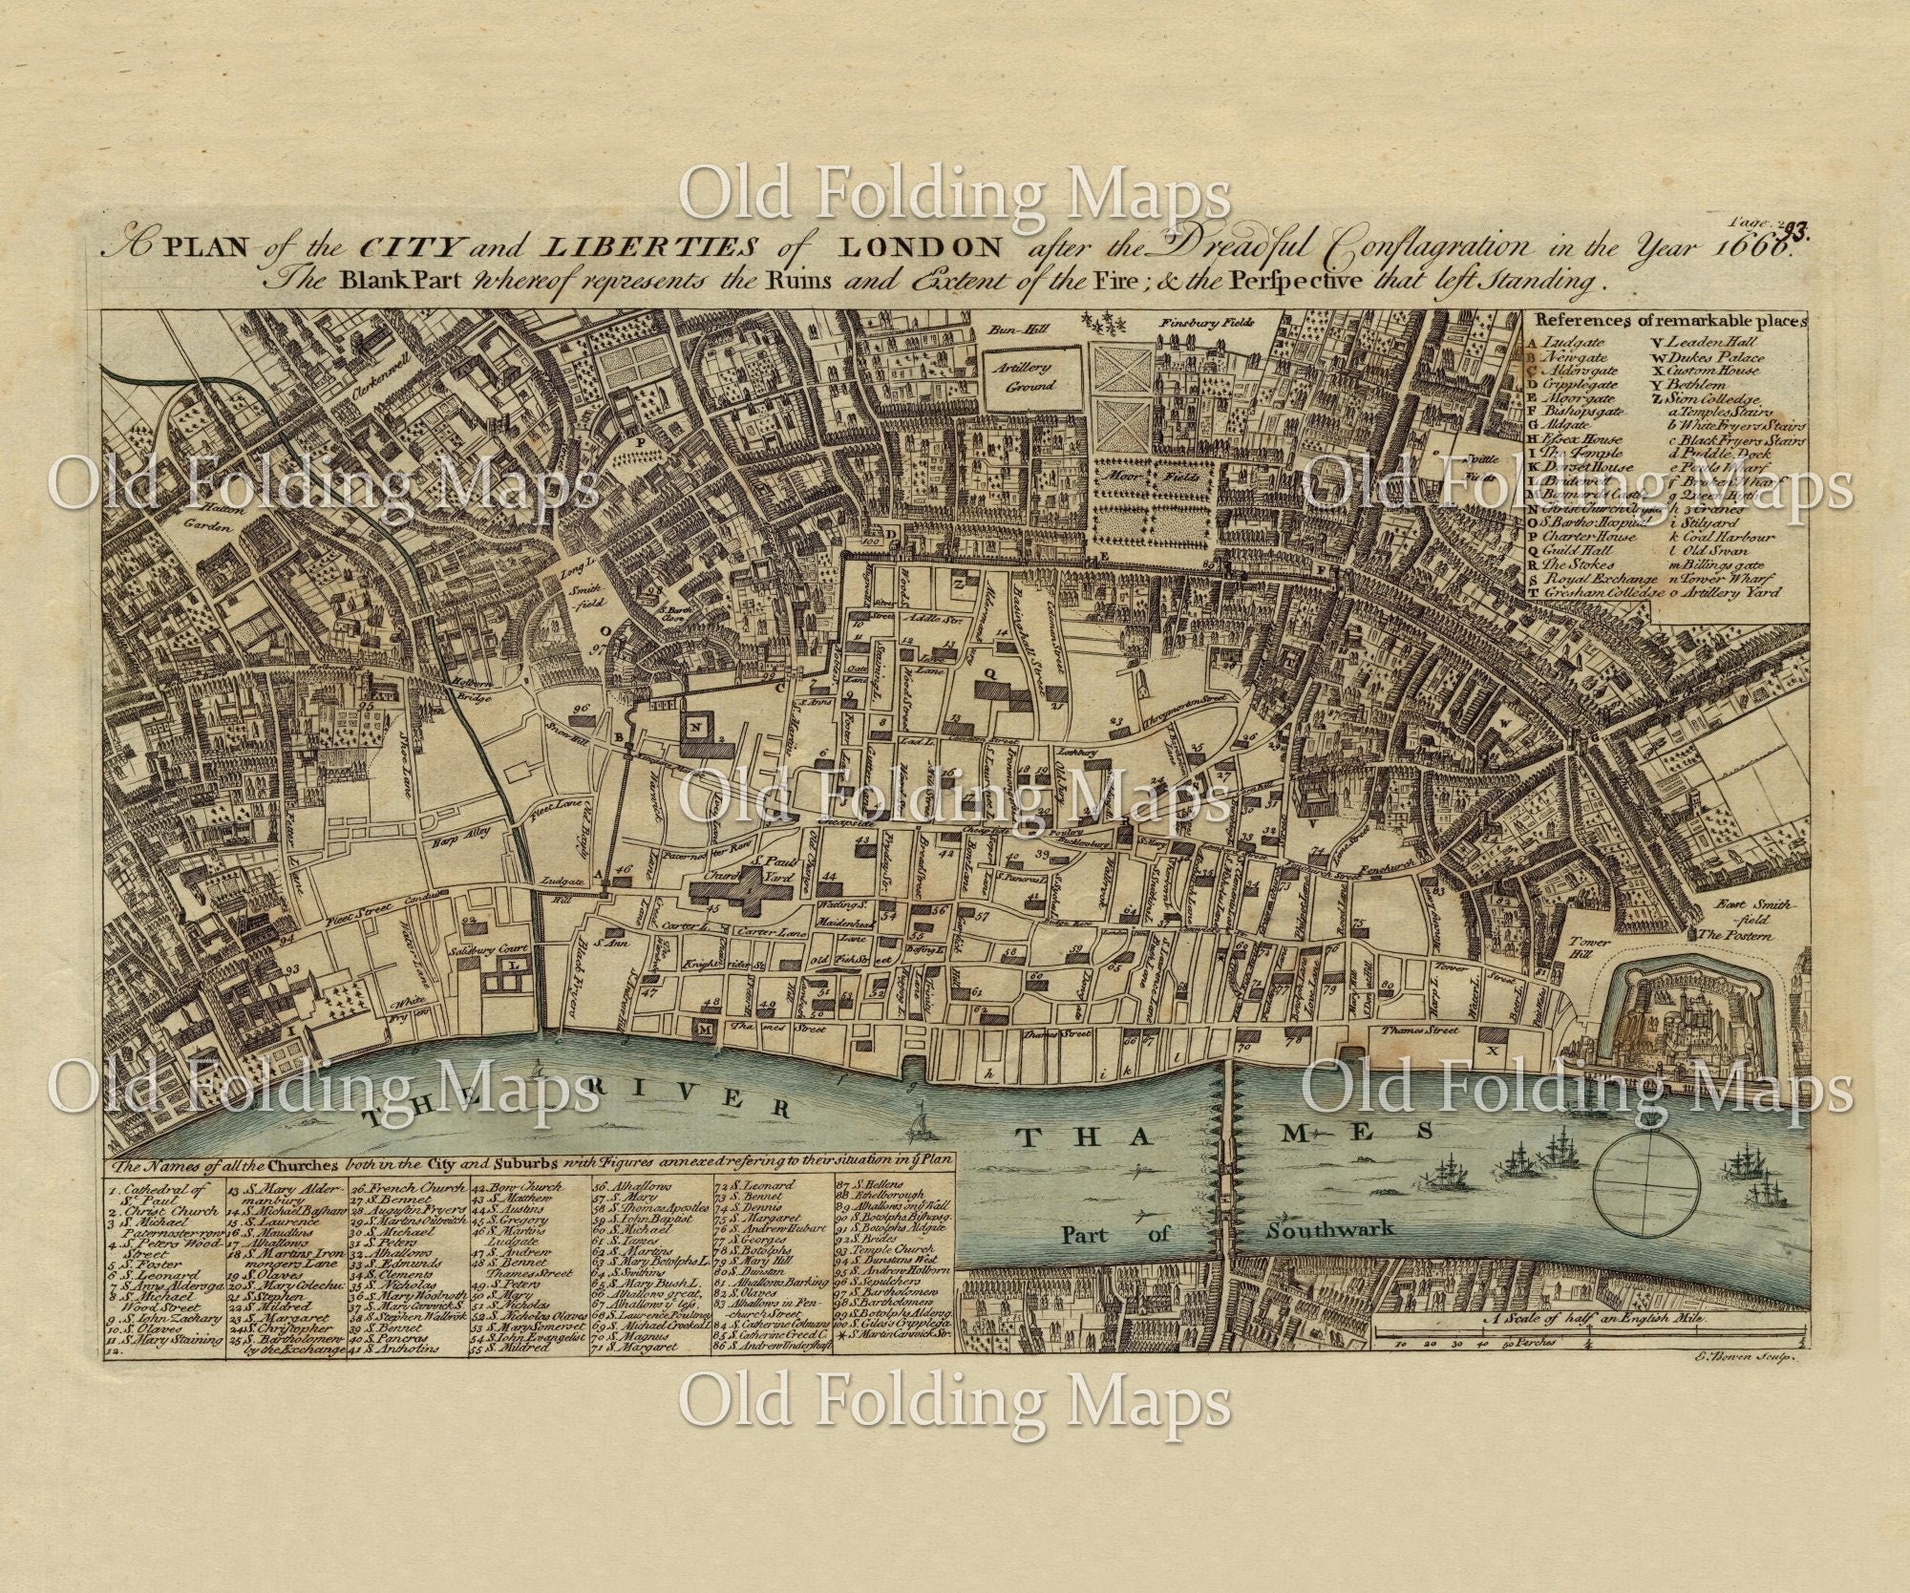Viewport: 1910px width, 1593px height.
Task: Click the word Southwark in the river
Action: point(1328,1228)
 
